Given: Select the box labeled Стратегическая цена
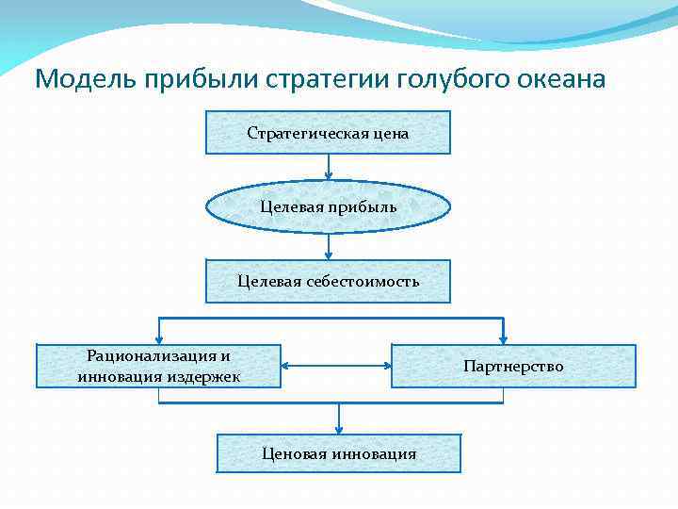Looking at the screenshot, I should [328, 133].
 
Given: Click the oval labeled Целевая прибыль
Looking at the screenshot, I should [328, 206].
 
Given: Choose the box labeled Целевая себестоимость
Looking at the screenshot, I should [328, 281].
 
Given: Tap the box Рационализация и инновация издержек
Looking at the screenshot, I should [158, 366].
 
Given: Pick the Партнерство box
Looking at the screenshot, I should [513, 366].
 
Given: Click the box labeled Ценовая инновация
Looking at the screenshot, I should [339, 453].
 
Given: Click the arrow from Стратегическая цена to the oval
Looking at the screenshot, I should [329, 166].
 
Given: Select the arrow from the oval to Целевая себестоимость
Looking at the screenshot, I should [329, 246].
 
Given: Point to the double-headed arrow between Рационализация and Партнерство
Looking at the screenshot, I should [336, 366].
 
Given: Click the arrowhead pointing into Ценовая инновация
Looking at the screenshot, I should [339, 429].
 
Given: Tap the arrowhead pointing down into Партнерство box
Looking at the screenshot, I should [504, 339].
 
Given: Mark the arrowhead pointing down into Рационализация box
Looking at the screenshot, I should [159, 339].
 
